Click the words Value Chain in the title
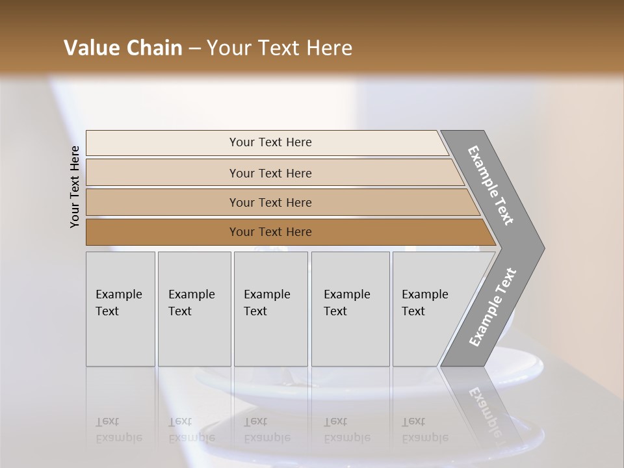coord(123,48)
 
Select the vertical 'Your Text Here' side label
coord(75,187)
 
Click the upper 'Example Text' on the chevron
coord(491,185)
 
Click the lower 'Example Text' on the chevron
coord(492,307)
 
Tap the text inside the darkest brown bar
coord(270,232)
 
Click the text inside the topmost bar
coord(270,142)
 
